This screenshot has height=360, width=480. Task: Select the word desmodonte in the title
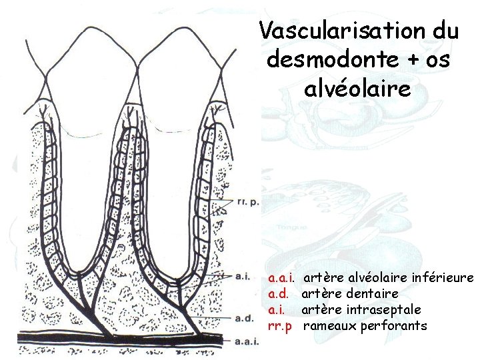click(x=320, y=60)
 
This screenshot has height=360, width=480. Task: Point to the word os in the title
click(x=432, y=60)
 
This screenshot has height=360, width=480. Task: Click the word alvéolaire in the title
click(x=357, y=88)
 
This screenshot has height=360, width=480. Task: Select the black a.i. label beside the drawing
click(x=241, y=275)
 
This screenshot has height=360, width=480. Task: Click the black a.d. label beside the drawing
click(x=242, y=319)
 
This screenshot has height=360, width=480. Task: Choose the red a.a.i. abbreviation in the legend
click(x=283, y=277)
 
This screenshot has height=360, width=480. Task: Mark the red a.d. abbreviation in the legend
click(x=279, y=293)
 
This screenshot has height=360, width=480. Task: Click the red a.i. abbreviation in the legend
click(x=277, y=309)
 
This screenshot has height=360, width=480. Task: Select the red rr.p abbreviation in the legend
click(x=280, y=326)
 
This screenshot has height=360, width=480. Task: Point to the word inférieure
click(x=443, y=277)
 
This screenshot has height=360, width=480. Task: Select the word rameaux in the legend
click(x=329, y=326)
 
